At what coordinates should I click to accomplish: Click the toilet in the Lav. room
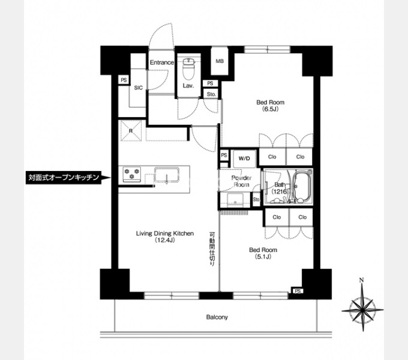188,68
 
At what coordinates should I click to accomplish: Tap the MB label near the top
220,61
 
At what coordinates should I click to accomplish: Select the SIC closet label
139,88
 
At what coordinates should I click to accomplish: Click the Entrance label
162,62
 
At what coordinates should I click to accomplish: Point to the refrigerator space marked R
131,131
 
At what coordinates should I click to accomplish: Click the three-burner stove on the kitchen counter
132,174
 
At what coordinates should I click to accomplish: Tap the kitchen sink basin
167,175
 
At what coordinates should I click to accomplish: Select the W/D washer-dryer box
244,158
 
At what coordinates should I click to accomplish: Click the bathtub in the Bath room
302,185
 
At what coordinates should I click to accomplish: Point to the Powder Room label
241,181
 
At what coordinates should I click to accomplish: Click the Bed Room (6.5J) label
271,106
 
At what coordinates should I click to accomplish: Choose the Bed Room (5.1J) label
263,253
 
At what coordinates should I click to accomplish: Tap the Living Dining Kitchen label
165,237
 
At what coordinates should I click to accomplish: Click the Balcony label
217,317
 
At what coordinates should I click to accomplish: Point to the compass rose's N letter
361,280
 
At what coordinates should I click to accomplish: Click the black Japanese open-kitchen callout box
64,178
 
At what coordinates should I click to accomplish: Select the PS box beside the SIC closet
124,80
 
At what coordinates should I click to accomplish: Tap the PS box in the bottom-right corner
298,291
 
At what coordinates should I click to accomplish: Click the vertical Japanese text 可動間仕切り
212,248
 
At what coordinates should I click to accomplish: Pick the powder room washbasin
235,200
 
